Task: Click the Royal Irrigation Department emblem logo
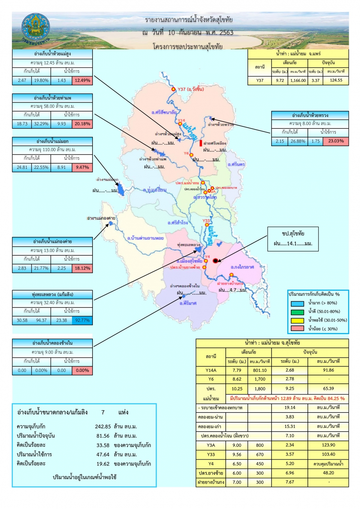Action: pyautogui.click(x=35, y=28)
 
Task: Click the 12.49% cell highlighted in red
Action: pyautogui.click(x=82, y=81)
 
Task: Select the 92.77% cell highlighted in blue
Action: pyautogui.click(x=82, y=320)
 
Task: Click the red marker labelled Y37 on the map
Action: pyautogui.click(x=174, y=89)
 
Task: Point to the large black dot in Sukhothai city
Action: pyautogui.click(x=215, y=261)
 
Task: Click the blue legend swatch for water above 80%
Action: pyautogui.click(x=297, y=303)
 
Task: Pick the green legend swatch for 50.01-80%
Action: pyautogui.click(x=297, y=312)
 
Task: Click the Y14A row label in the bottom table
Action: pyautogui.click(x=211, y=370)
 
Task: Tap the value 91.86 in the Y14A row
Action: pyautogui.click(x=328, y=370)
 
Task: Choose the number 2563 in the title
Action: pyautogui.click(x=226, y=32)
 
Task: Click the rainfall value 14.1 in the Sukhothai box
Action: pyautogui.click(x=292, y=244)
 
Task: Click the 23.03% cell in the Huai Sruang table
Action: pyautogui.click(x=336, y=141)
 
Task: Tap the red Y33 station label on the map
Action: pyautogui.click(x=206, y=221)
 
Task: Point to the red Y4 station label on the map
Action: pyautogui.click(x=207, y=257)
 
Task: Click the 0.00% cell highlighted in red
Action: pyautogui.click(x=82, y=370)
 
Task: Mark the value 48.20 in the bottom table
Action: pyautogui.click(x=328, y=473)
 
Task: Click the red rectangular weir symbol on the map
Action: pyautogui.click(x=201, y=143)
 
